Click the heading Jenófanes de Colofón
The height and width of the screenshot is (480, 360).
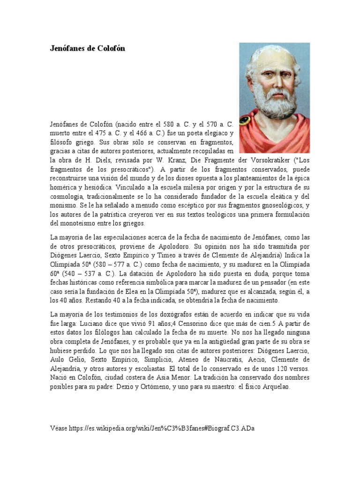[88, 48]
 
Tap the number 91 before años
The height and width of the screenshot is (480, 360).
[155, 323]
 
